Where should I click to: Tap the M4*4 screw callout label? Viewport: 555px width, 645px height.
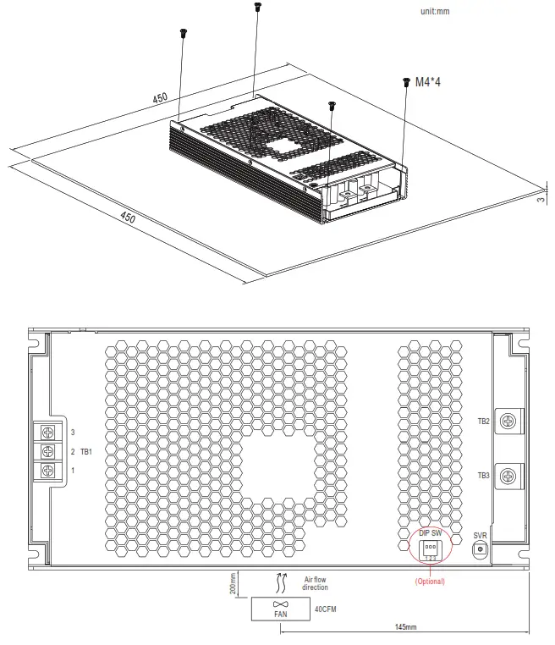click(428, 82)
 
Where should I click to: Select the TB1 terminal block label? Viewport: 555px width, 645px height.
click(86, 451)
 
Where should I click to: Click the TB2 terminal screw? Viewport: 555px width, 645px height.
click(508, 421)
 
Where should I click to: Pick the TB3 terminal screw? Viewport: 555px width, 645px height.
click(508, 475)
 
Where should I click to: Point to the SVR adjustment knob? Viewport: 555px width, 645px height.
click(481, 549)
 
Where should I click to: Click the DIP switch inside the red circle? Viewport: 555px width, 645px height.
click(430, 548)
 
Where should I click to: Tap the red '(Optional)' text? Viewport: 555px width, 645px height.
click(429, 582)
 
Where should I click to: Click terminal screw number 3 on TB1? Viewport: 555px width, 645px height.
click(48, 433)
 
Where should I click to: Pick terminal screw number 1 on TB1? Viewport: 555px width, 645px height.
click(48, 470)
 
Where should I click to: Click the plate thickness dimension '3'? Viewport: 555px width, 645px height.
click(542, 200)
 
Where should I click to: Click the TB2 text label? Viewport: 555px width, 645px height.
click(483, 421)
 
